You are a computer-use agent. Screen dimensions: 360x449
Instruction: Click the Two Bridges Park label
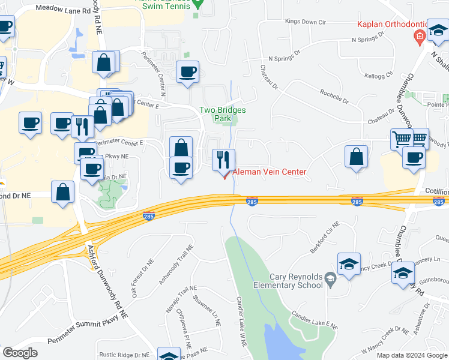[215, 114]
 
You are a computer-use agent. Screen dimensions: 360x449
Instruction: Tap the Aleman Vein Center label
[270, 172]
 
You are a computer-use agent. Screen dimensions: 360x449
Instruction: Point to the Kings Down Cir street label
[305, 22]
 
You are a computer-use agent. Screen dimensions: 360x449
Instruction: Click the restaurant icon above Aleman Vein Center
[223, 160]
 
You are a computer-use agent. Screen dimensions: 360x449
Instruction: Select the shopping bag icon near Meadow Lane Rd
[104, 62]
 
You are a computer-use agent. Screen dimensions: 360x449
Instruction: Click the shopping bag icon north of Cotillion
[356, 157]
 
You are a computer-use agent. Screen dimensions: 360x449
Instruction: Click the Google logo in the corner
[20, 353]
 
